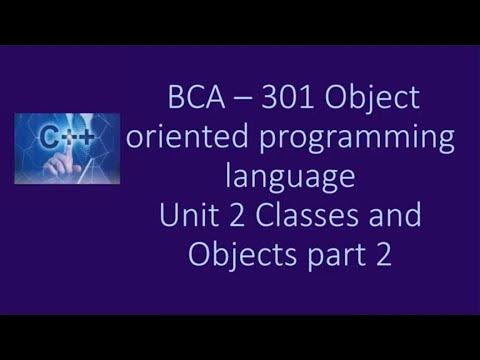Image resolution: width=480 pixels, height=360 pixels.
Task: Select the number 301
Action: (287, 102)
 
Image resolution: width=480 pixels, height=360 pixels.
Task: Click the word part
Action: (329, 256)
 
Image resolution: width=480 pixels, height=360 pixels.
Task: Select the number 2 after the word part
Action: (377, 254)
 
